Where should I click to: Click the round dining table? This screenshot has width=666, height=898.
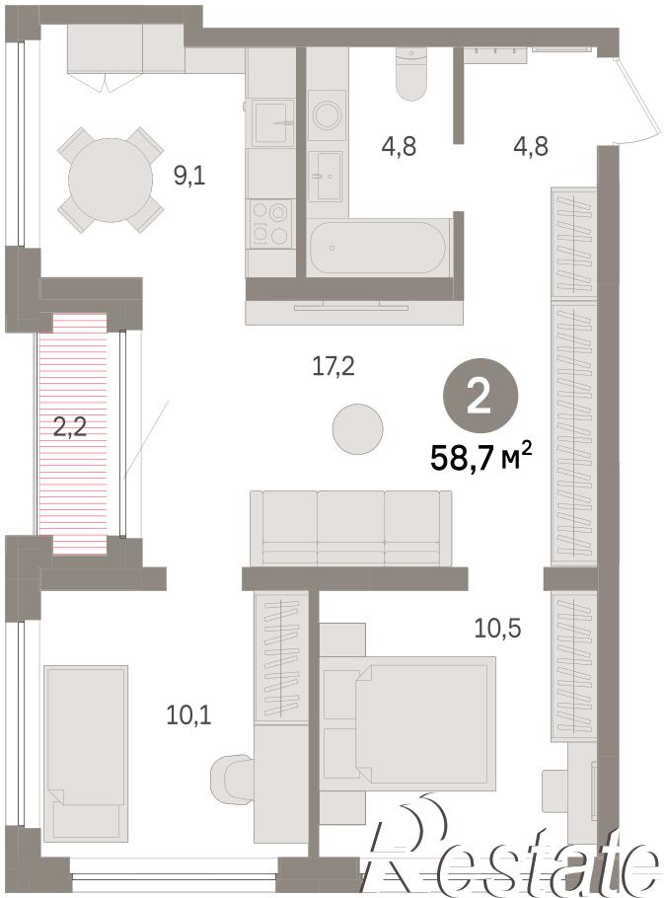(111, 180)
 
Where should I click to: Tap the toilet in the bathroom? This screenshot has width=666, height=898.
(411, 74)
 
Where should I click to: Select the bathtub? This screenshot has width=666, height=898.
(377, 247)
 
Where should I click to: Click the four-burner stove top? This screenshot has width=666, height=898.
(269, 223)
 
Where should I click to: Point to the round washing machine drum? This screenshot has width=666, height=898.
(327, 115)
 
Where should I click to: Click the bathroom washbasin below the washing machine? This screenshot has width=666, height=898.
(326, 176)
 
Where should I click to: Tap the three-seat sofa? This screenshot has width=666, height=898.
(350, 528)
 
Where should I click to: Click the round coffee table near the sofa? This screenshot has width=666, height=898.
(358, 429)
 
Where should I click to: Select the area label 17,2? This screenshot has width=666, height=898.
(333, 366)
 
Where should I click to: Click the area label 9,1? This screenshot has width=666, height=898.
(189, 176)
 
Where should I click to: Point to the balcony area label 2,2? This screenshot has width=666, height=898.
(70, 426)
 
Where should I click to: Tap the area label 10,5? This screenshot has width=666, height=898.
(497, 629)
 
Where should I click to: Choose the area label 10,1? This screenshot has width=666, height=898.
(188, 714)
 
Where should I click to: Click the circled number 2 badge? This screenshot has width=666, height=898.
(480, 396)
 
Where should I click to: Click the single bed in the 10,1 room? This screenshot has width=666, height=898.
(86, 753)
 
